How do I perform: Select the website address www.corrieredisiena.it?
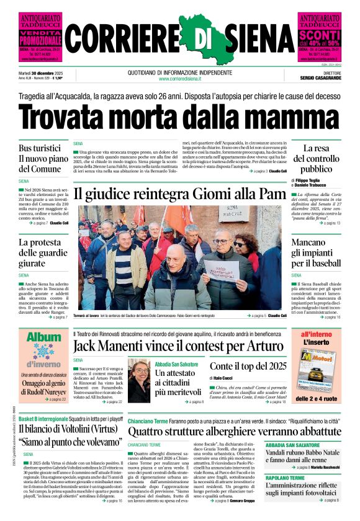point(179,79)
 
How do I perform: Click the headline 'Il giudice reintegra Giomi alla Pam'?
point(179,193)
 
